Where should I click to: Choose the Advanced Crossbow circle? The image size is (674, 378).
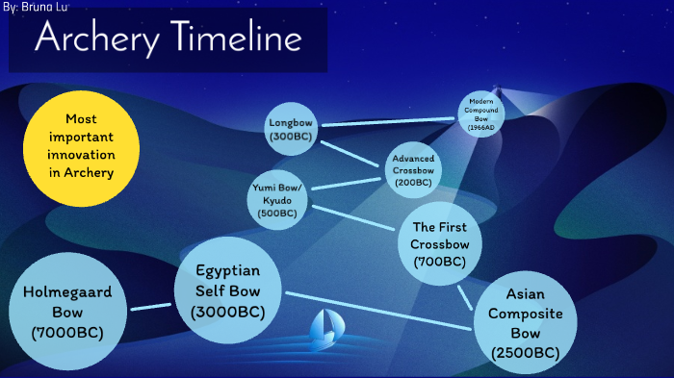click(x=413, y=169)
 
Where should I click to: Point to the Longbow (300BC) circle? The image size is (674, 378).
click(x=292, y=130)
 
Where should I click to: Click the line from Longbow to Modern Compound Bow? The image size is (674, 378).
click(x=388, y=121)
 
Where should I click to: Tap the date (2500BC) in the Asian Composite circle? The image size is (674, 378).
click(x=525, y=353)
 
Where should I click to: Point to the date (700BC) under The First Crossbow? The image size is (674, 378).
click(x=439, y=262)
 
